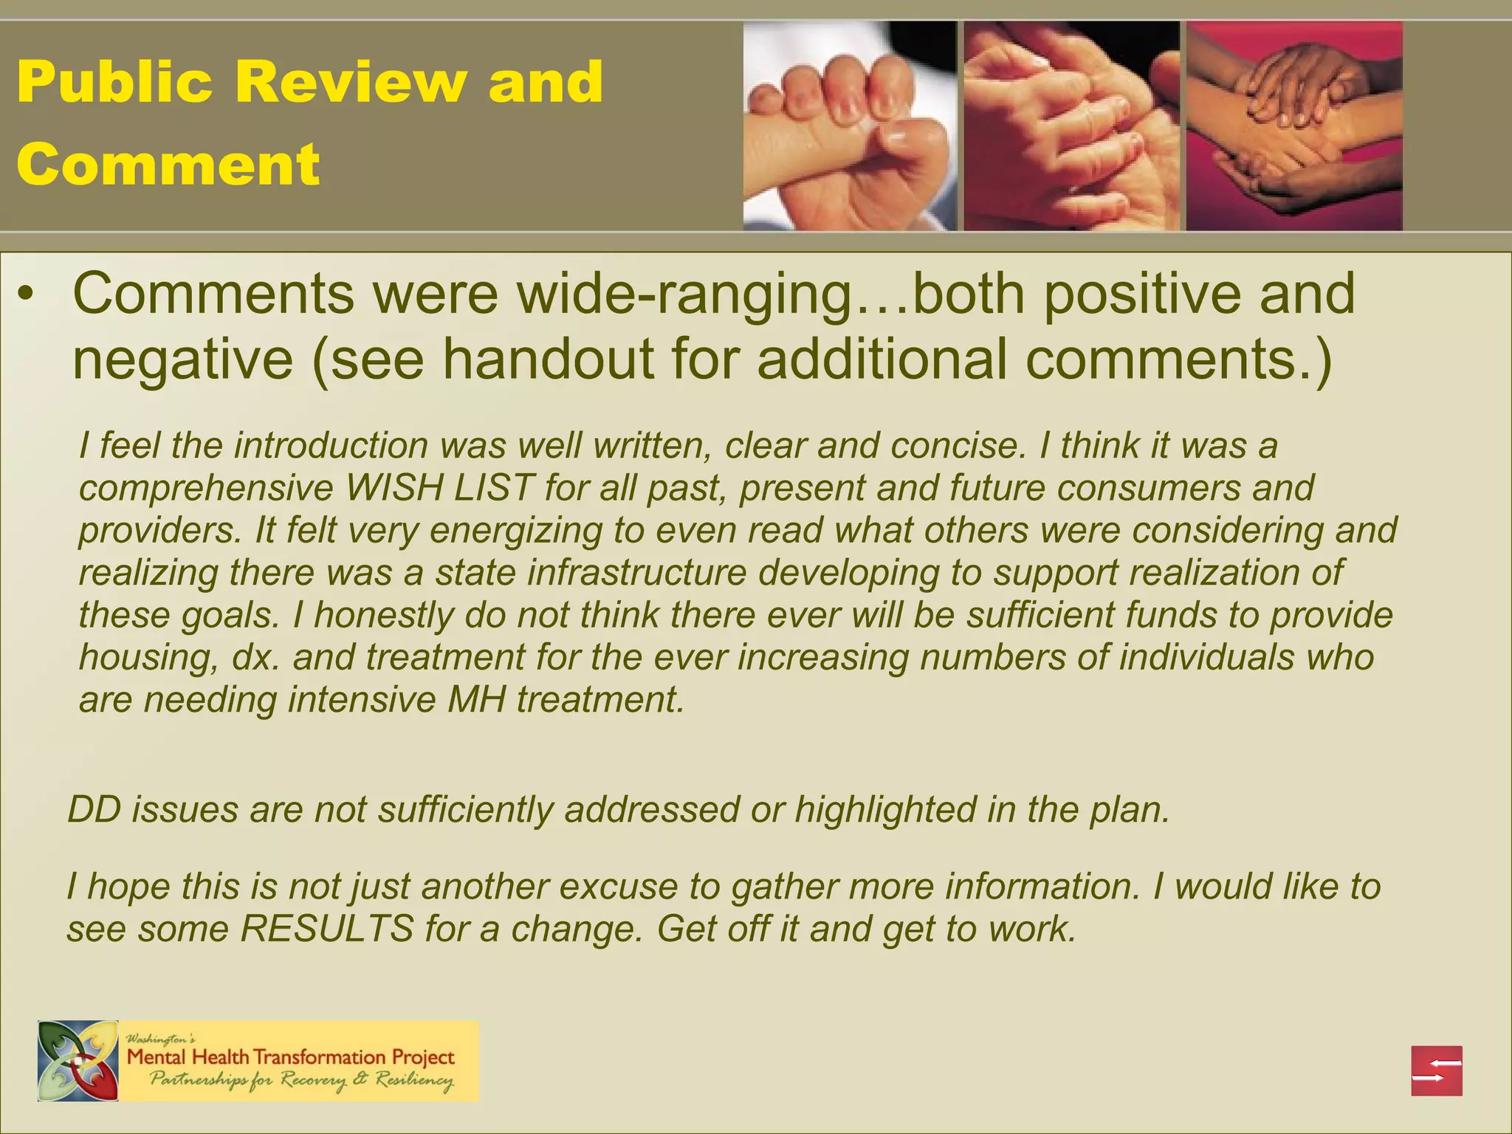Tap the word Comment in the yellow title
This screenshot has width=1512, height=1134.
pyautogui.click(x=168, y=163)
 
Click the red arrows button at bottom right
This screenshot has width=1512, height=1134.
pyautogui.click(x=1437, y=1071)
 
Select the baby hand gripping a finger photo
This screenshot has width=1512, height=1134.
pyautogui.click(x=849, y=126)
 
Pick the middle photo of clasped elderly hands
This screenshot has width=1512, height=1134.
pyautogui.click(x=1071, y=126)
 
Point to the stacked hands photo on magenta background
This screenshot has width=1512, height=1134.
pyautogui.click(x=1293, y=126)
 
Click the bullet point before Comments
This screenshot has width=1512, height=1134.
pyautogui.click(x=27, y=295)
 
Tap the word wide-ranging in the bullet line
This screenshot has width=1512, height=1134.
pyautogui.click(x=683, y=295)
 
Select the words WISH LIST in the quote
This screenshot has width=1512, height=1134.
pyautogui.click(x=440, y=488)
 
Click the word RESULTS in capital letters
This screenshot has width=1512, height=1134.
pyautogui.click(x=326, y=929)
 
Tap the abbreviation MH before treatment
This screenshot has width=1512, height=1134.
pyautogui.click(x=476, y=699)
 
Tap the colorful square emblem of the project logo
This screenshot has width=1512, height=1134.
pyautogui.click(x=78, y=1061)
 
